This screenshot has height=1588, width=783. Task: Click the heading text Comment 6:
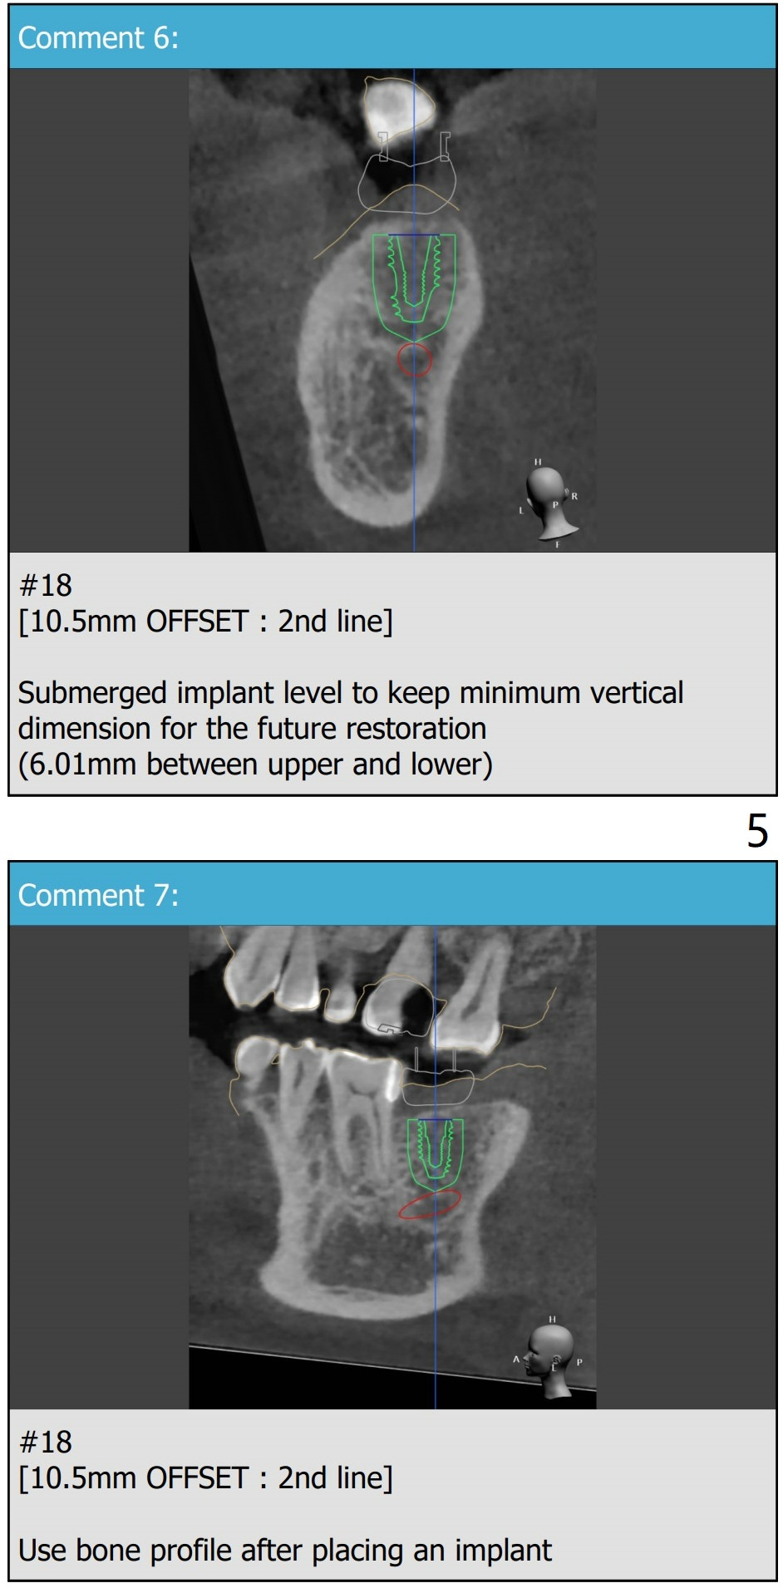point(98,38)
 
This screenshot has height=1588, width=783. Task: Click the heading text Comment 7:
point(98,896)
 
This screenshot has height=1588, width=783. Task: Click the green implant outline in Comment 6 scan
point(373,283)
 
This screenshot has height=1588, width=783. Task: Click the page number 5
point(757,831)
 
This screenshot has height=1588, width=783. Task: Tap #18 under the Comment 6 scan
point(46,586)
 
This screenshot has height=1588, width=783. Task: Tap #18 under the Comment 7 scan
point(46,1443)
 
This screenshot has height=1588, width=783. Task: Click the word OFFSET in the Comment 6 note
point(198,622)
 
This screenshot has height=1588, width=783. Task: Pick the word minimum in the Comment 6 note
point(508,692)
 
